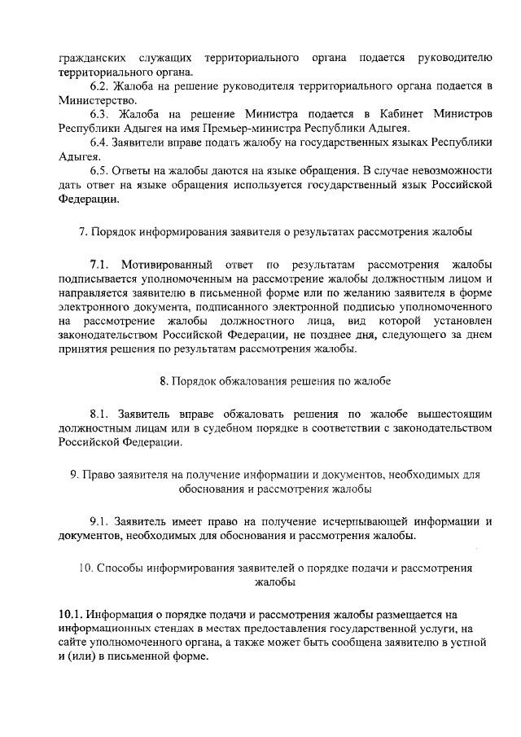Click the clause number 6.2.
tap(101, 86)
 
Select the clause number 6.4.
tap(101, 142)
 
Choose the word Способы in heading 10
tap(118, 568)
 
